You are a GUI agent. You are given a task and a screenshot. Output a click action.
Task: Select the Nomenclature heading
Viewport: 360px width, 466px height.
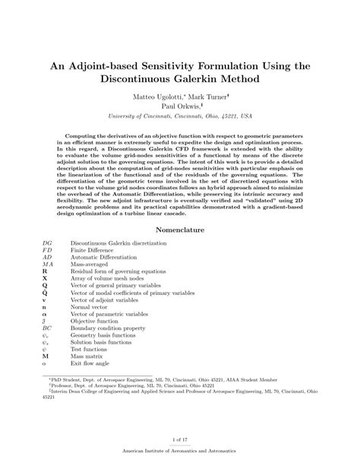[180, 229]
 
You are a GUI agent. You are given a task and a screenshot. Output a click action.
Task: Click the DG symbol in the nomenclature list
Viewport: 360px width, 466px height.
[47, 244]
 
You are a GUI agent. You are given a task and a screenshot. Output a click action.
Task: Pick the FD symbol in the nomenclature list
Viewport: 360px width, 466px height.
[47, 252]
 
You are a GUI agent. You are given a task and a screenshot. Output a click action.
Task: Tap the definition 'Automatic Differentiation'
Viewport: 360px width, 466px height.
[104, 260]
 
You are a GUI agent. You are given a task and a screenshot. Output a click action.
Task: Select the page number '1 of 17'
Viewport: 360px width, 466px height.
[180, 439]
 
